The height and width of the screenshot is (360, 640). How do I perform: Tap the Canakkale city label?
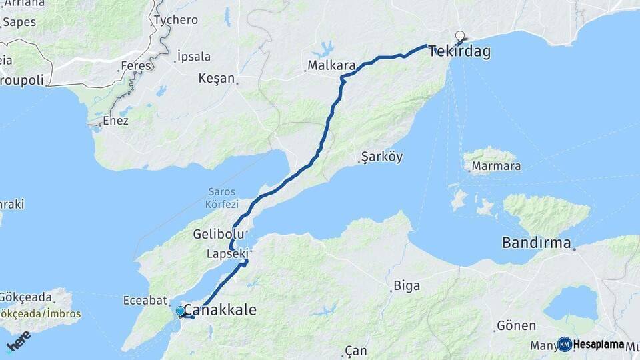tap(219, 310)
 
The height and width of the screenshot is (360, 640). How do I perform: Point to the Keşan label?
tap(217, 78)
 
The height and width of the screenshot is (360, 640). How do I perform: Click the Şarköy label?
tap(382, 157)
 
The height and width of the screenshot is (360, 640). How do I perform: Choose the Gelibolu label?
tap(214, 234)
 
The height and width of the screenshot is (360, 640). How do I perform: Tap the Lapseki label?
tap(227, 253)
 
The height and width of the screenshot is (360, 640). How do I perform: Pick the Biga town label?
tap(407, 286)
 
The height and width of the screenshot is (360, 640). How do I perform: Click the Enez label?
tap(115, 121)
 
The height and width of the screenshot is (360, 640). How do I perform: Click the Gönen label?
tap(516, 326)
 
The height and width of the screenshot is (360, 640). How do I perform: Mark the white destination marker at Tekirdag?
tap(460, 36)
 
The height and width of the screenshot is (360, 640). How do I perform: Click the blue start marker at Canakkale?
tap(180, 311)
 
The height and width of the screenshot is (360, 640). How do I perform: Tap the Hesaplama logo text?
tap(599, 345)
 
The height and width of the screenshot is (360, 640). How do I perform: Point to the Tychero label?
tap(176, 20)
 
